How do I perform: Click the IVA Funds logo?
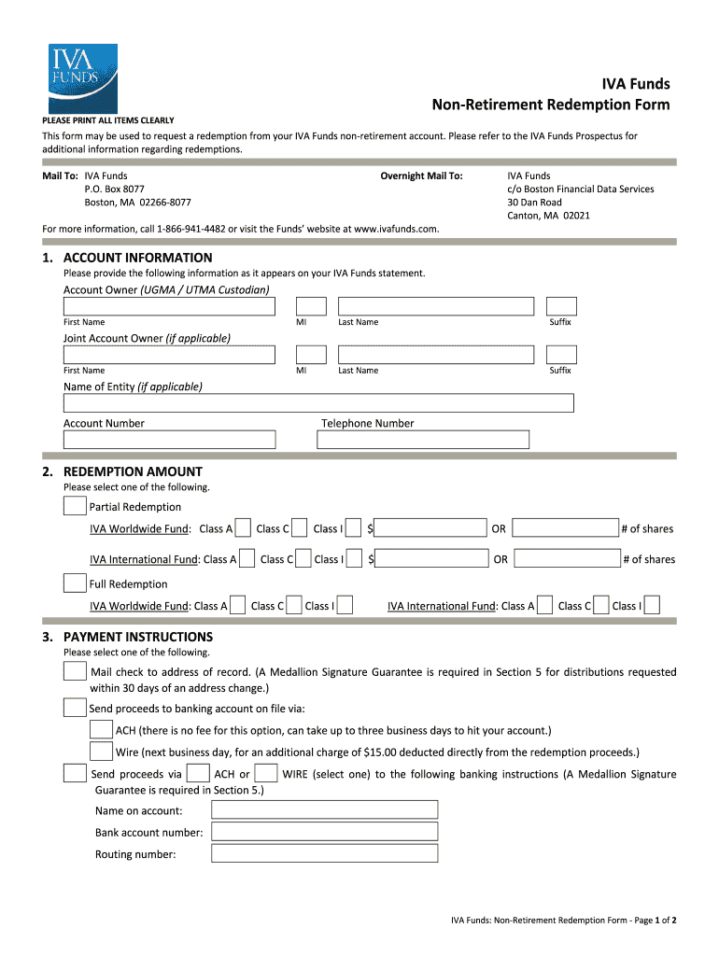pyautogui.click(x=83, y=78)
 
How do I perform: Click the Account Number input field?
pyautogui.click(x=169, y=440)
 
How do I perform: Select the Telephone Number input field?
pyautogui.click(x=425, y=440)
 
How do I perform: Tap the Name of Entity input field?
pyautogui.click(x=318, y=403)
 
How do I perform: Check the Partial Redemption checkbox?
pyautogui.click(x=75, y=506)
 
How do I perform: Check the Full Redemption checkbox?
pyautogui.click(x=75, y=583)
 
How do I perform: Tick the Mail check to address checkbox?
pyautogui.click(x=75, y=672)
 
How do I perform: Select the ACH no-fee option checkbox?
pyautogui.click(x=102, y=729)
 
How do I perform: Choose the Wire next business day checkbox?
pyautogui.click(x=102, y=752)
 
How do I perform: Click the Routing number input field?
pyautogui.click(x=325, y=853)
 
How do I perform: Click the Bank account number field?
pyautogui.click(x=325, y=832)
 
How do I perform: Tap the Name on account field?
pyautogui.click(x=325, y=810)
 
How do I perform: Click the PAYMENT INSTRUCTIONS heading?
pyautogui.click(x=137, y=637)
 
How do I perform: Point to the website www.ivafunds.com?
pyautogui.click(x=396, y=229)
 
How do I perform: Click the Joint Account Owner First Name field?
pyautogui.click(x=169, y=355)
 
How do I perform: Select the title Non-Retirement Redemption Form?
pyautogui.click(x=550, y=105)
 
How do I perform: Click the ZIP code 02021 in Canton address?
pyautogui.click(x=576, y=216)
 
